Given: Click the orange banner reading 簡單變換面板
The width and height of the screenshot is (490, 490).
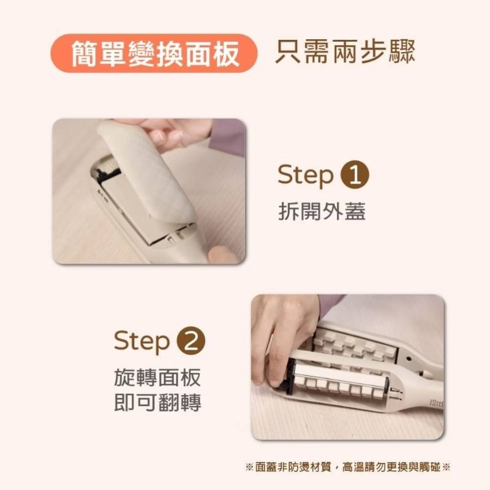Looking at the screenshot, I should tap(153, 54).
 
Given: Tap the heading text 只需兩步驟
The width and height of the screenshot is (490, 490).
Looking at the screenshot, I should tap(345, 53).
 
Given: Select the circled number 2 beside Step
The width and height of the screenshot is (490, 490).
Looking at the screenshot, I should tap(190, 341).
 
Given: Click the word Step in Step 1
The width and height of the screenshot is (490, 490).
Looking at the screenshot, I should tap(304, 175).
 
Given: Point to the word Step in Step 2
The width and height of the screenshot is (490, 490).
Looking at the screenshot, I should tap(141, 341).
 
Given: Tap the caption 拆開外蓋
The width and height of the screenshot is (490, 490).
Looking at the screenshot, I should tap(322, 211).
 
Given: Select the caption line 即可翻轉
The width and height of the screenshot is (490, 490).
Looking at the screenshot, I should tap(157, 403).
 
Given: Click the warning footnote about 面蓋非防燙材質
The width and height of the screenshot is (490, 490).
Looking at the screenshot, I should tap(347, 467).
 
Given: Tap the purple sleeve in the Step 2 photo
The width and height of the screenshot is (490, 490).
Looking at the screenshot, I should tap(331, 304).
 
